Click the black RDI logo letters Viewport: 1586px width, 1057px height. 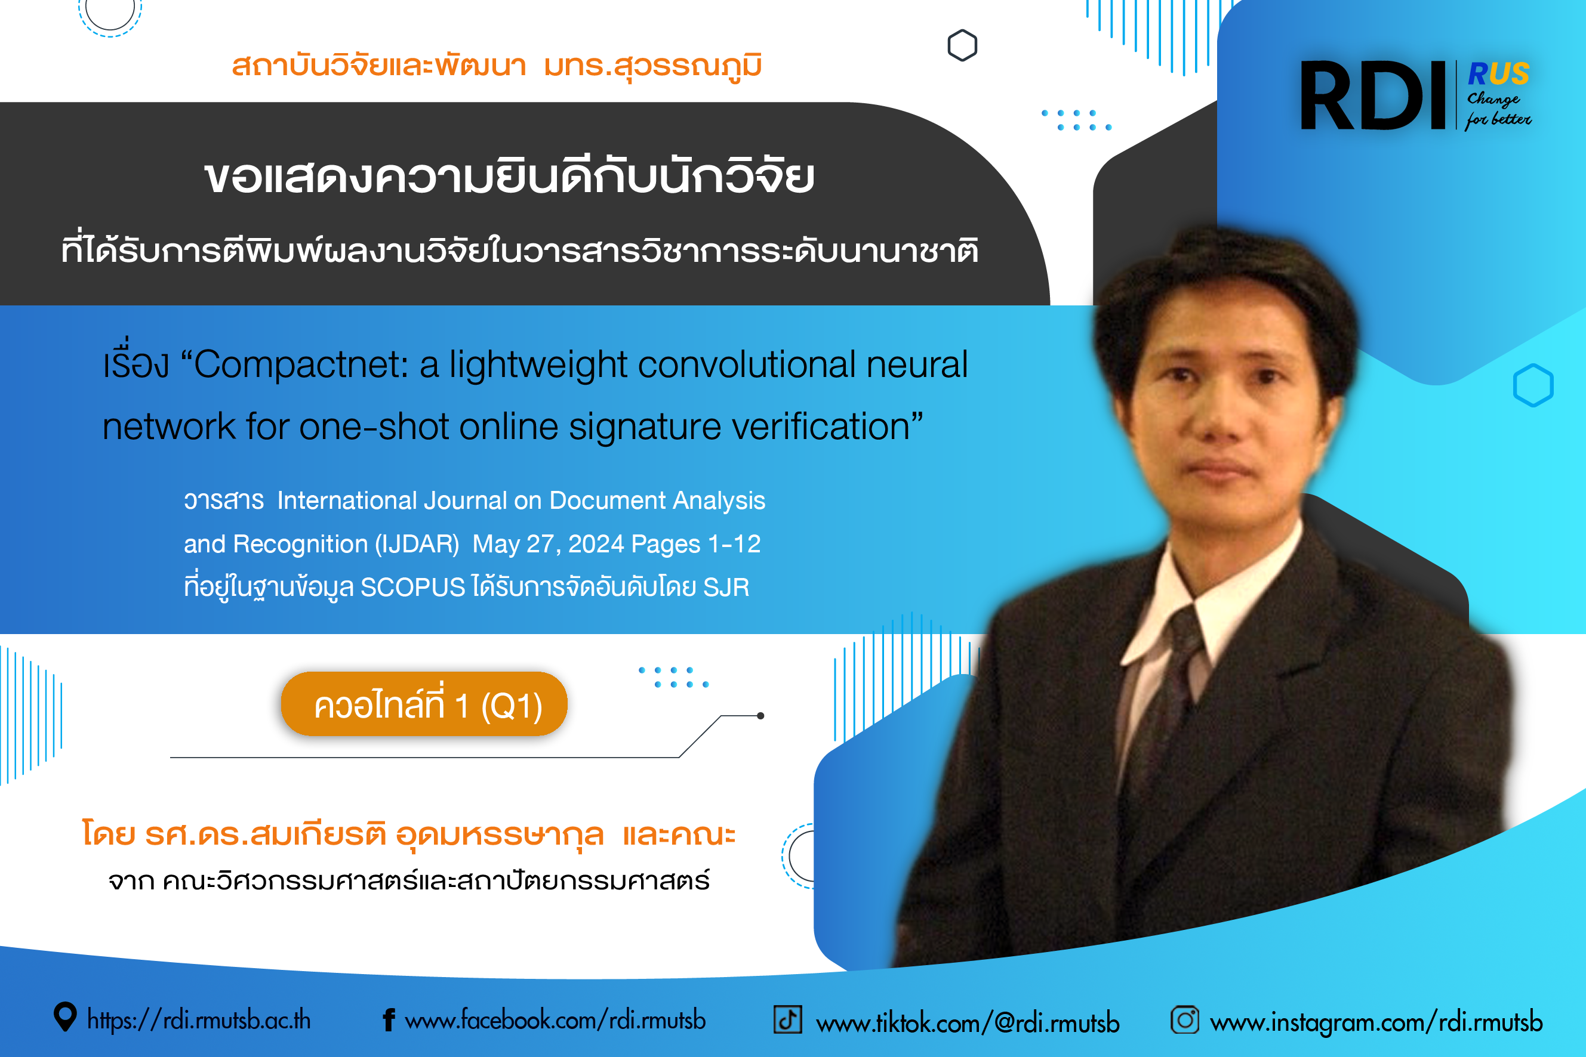pos(1373,95)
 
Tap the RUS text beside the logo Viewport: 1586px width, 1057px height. pos(1498,73)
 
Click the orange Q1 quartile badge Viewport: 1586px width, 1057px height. pos(424,704)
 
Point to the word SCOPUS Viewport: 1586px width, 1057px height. pos(413,587)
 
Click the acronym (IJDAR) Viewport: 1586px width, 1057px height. pos(417,544)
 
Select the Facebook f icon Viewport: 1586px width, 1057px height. pos(389,1020)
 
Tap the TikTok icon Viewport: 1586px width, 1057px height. pos(787,1019)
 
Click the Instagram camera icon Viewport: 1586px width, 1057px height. pos(1185,1019)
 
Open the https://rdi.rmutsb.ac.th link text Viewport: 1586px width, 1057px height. pos(199,1020)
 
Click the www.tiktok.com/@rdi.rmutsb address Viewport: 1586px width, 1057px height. pos(968,1022)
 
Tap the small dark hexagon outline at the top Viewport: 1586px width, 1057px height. pos(962,45)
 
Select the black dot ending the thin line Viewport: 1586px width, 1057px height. pos(760,716)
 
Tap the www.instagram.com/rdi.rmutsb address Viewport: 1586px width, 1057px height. pos(1376,1022)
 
